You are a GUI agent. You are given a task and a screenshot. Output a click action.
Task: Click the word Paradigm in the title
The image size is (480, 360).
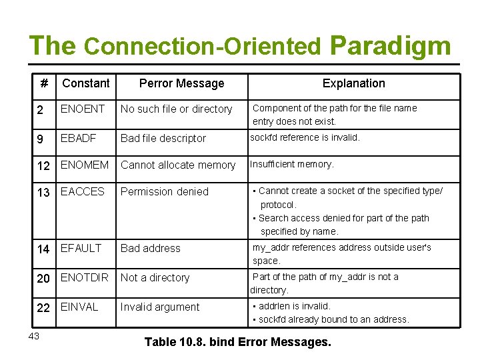coord(390,46)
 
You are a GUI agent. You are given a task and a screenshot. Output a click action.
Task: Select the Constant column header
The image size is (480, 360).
coord(85,83)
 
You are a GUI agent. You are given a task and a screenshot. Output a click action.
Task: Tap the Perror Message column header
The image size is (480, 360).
coord(181,83)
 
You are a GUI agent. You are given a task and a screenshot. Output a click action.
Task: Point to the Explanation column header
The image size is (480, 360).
coord(353,83)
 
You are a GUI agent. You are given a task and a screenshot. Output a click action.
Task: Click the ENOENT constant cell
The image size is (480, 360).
coord(83,109)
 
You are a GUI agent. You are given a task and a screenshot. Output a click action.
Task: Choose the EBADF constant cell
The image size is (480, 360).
coord(79,138)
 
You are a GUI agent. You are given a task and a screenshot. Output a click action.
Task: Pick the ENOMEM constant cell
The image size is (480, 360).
coord(85,165)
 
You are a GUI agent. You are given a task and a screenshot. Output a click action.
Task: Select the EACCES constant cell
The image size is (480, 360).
coord(83,191)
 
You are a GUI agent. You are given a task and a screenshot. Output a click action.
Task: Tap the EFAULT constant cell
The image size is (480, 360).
coord(81,248)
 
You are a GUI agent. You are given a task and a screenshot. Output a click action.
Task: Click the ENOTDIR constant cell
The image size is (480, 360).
coord(85,277)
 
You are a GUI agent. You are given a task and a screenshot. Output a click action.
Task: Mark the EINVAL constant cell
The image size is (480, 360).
coord(79,307)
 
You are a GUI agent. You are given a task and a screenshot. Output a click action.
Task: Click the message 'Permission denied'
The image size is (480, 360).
coord(165,191)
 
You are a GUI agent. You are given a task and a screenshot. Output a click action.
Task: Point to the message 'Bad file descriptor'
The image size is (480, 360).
coord(163,138)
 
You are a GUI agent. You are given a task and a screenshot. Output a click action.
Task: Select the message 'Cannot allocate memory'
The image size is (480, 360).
coord(178,165)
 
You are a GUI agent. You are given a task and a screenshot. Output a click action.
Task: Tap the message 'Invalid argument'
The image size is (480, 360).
coord(160,307)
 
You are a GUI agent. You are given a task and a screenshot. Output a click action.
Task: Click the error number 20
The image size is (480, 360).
coord(43,278)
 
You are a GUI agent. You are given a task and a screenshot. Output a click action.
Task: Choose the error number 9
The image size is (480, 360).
coord(40,138)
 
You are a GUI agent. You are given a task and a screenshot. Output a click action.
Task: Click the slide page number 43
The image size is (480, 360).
coord(34,336)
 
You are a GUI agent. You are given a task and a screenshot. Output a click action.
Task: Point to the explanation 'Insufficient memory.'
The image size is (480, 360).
coord(292,164)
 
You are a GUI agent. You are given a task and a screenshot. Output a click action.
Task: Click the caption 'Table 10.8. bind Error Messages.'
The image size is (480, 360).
coord(237,343)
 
